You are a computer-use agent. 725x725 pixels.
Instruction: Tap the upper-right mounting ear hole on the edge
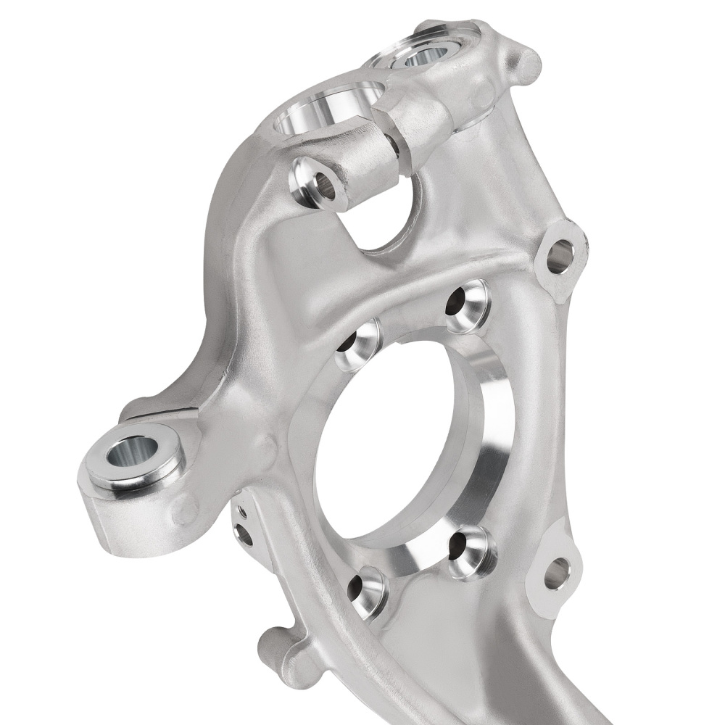[x=559, y=255]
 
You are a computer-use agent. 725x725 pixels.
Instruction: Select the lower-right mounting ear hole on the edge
[x=556, y=573]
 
